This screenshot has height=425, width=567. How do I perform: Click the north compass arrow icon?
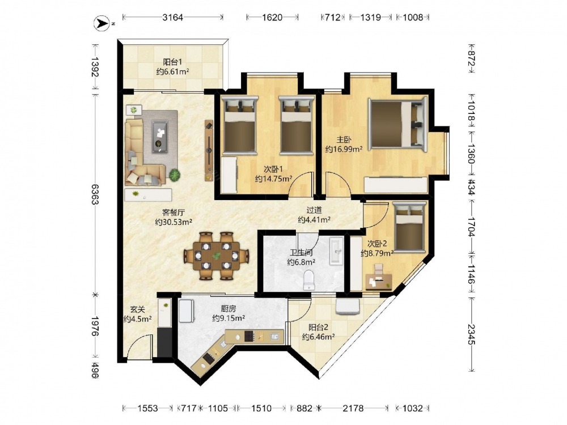coord(102,23)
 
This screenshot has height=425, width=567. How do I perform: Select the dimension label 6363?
coord(95,194)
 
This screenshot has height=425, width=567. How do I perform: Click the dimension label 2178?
coord(353,408)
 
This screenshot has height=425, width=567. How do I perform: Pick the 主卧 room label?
coord(344,139)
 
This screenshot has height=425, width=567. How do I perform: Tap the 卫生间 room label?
coord(301,252)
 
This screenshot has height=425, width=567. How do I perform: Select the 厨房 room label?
coord(228,309)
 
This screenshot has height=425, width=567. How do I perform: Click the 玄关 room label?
coord(137,309)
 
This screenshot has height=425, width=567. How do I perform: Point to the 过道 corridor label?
coord(314,210)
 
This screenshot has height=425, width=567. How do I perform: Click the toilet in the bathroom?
coord(309,280)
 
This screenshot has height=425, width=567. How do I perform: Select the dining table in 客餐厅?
coord(216,256)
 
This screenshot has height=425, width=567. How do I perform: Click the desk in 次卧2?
coord(379,281)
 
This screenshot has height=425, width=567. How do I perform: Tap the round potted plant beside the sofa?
coord(175,175)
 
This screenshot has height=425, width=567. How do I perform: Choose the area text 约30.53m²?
coord(174,222)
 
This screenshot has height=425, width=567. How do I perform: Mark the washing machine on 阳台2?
coord(348,306)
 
